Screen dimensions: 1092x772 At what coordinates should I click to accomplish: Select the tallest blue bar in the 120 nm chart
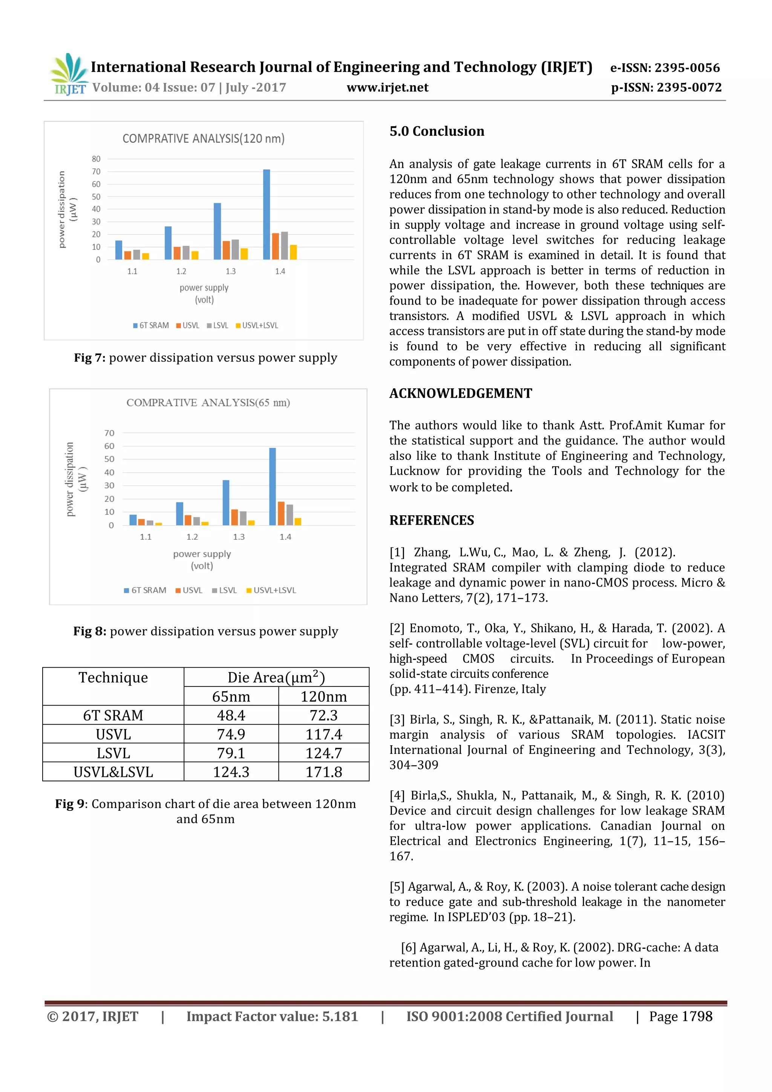point(267,214)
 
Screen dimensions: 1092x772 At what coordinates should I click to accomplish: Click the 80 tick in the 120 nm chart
point(96,159)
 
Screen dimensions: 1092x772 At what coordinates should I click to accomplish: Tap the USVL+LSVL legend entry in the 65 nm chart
point(271,590)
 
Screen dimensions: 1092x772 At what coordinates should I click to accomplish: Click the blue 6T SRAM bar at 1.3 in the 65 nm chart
point(226,503)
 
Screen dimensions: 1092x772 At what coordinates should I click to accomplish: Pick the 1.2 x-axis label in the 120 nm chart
point(181,271)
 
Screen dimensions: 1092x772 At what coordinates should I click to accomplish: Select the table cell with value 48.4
point(231,715)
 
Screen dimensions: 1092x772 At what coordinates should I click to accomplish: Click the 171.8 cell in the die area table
point(323,772)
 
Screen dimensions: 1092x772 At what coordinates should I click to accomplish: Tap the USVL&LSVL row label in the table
point(113,772)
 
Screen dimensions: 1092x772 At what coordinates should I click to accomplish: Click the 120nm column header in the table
point(323,696)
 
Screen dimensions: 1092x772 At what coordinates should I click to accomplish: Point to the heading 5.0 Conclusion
point(437,131)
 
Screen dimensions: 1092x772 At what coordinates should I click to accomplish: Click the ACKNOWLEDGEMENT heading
point(460,393)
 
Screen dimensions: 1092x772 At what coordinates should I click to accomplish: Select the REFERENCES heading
point(432,520)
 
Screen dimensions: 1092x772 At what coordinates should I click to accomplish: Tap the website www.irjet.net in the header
point(387,87)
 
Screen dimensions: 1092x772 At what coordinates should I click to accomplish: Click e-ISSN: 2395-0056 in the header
point(665,68)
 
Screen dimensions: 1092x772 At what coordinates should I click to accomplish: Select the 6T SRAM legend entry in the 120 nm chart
point(151,325)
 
